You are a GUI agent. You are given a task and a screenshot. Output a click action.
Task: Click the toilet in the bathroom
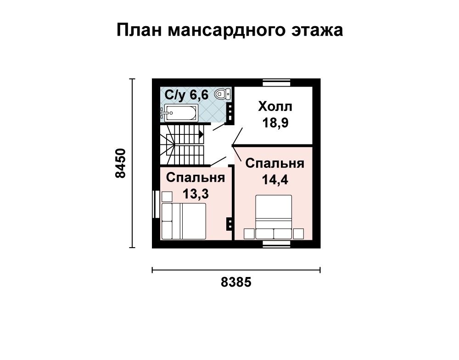223,94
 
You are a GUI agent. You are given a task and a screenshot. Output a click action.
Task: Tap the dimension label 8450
120,163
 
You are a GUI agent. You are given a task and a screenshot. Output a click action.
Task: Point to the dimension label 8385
236,282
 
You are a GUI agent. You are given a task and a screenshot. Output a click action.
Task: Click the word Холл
275,107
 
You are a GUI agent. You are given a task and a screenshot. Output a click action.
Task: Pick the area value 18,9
275,122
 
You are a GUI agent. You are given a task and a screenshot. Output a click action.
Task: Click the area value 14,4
275,179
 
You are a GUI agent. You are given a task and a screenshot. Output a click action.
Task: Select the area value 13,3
196,194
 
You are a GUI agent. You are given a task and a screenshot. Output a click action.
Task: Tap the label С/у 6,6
186,95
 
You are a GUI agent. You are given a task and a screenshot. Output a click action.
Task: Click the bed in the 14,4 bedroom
274,217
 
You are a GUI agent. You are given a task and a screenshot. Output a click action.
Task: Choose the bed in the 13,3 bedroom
184,222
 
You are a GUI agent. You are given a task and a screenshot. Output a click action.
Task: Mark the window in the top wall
276,83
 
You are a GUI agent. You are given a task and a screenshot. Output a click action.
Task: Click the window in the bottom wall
276,244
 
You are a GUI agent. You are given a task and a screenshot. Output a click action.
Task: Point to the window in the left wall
156,204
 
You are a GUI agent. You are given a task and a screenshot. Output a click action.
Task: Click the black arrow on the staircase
201,134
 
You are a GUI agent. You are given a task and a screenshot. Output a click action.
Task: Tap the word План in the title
139,30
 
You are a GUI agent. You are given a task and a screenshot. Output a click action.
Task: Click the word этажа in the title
317,30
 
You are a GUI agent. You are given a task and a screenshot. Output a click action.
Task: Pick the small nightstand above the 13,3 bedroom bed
167,196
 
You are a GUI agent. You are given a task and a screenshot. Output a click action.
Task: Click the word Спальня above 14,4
275,163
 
